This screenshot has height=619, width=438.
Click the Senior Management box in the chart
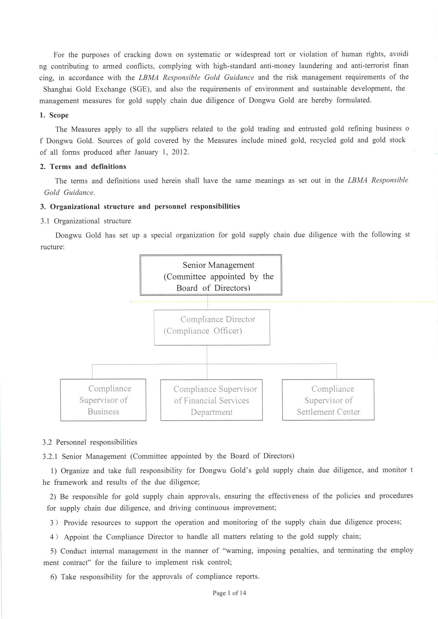point(211,275)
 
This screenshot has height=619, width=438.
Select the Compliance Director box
point(212,327)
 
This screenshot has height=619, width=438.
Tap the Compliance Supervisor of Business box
point(103,400)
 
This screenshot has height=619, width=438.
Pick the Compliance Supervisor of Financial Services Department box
point(212,400)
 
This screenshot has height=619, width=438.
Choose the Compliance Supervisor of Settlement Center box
point(328,400)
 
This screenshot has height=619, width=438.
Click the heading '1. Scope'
point(54,115)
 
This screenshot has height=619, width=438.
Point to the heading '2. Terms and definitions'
point(83,167)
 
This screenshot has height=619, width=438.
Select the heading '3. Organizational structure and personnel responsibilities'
point(140,206)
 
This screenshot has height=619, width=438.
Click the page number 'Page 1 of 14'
point(229,593)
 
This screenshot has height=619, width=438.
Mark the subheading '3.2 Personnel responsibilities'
point(90,442)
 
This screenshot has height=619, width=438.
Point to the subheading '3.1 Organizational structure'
point(86,221)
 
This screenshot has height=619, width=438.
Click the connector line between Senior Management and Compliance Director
point(207,302)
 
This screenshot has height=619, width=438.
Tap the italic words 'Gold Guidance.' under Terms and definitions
point(69,193)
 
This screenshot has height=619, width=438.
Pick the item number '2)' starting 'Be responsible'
point(53,497)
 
